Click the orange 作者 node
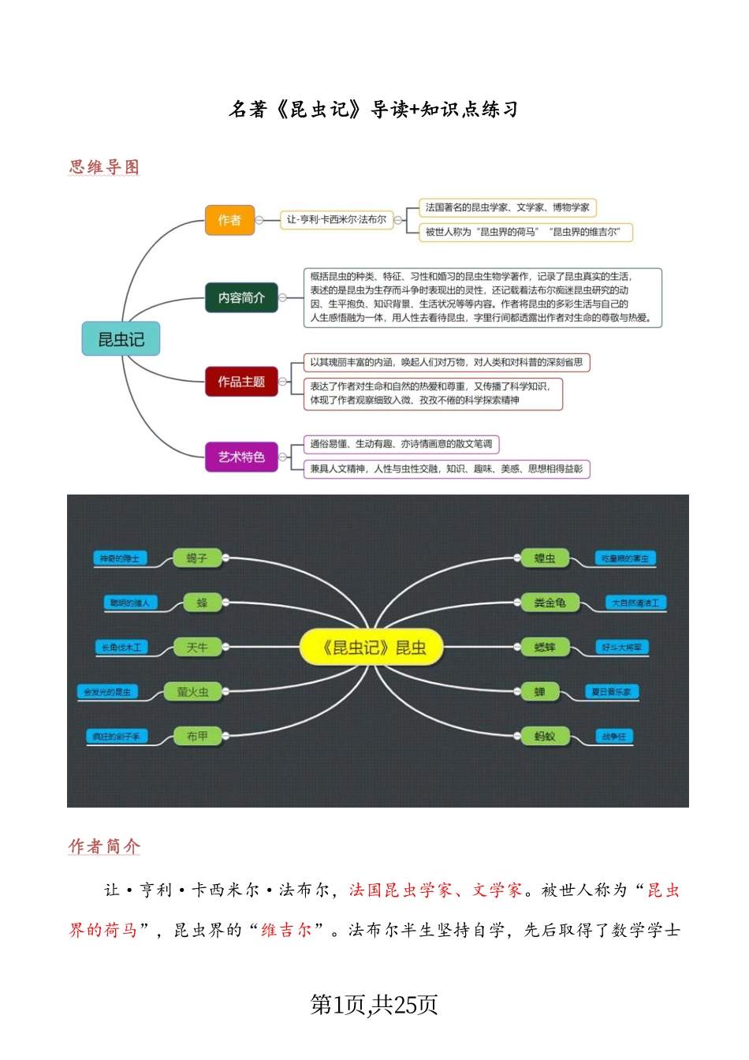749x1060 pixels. (229, 220)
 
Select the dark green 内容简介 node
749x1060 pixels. (241, 297)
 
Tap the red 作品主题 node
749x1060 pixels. (241, 382)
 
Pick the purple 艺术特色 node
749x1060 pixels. (241, 457)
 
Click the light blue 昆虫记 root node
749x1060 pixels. (121, 339)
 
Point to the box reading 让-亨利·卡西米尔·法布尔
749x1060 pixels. (337, 220)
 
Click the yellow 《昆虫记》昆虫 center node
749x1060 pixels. (374, 648)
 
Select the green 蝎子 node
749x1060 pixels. (197, 558)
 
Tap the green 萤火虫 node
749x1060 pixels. (193, 692)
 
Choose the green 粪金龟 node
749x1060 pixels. (550, 603)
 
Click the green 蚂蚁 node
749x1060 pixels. (545, 737)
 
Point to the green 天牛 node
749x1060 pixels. (197, 648)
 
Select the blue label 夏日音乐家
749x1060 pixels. (612, 692)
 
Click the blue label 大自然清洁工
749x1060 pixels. (635, 603)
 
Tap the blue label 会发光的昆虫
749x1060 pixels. (108, 692)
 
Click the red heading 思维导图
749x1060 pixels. (104, 167)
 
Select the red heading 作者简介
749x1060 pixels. (104, 846)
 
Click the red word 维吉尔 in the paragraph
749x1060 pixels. (287, 931)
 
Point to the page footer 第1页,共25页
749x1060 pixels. (374, 1005)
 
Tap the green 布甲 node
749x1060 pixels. (197, 737)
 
